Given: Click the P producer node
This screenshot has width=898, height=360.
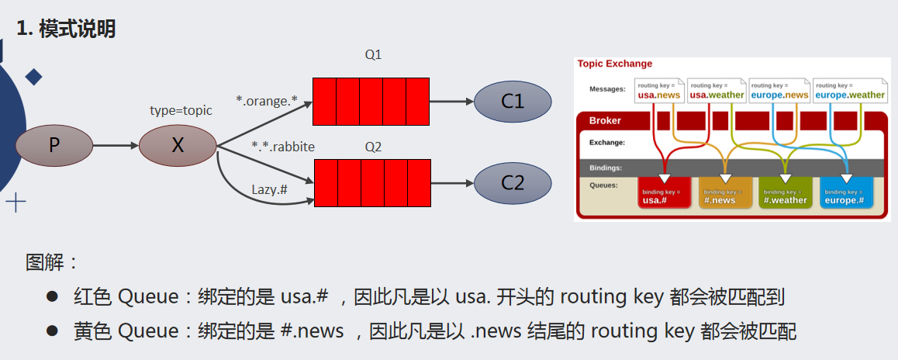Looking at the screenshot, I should click(x=54, y=145).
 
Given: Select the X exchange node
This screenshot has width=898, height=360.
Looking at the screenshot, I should click(x=178, y=145).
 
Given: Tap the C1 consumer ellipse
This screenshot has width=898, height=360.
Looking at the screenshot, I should click(x=512, y=102).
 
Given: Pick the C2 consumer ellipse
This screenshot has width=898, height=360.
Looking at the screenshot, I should click(x=512, y=183).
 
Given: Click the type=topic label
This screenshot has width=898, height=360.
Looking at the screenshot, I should click(x=181, y=110).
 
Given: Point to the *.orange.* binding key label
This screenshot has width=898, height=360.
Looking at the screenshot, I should click(x=267, y=101).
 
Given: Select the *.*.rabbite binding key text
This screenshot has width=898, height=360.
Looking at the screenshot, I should click(x=283, y=146).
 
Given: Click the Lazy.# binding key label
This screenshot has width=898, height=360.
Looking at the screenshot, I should click(x=271, y=189).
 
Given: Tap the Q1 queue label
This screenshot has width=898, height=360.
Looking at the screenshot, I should click(x=373, y=55).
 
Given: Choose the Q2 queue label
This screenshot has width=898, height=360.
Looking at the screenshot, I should click(x=373, y=147).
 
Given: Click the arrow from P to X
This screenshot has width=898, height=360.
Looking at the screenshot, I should click(x=115, y=145).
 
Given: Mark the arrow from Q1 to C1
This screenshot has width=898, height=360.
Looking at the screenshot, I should click(x=451, y=102).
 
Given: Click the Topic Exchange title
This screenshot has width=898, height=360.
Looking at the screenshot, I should click(x=615, y=64).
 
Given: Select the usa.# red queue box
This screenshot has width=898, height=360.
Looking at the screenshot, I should click(x=664, y=195).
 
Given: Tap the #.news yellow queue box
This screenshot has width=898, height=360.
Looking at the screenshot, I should click(x=726, y=195).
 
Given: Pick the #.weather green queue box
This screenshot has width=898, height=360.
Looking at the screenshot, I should click(x=785, y=195).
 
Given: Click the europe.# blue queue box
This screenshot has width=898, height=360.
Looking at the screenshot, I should click(x=845, y=195).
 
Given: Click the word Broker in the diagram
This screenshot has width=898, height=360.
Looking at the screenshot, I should click(x=605, y=120).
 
